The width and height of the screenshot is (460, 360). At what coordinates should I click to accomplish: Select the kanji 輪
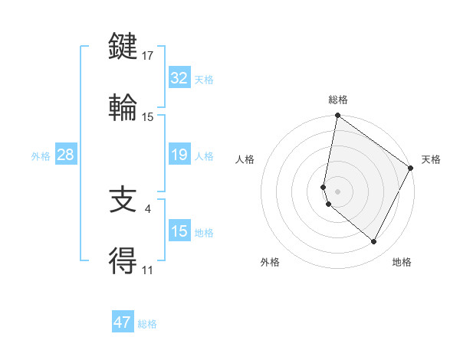point(123,106)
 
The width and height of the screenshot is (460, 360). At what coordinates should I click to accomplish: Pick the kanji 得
point(123,261)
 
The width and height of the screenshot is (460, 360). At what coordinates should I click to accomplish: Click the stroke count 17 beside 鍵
point(148,56)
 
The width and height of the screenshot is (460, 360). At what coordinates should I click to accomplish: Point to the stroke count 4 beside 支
point(147,208)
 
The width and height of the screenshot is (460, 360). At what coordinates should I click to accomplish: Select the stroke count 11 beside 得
point(147,270)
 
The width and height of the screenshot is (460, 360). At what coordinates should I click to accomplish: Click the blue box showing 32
point(179,78)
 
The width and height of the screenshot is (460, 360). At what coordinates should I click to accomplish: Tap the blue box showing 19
point(179,155)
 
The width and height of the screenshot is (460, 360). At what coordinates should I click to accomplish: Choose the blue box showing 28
point(65,155)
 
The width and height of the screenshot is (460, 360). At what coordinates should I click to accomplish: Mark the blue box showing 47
point(123,322)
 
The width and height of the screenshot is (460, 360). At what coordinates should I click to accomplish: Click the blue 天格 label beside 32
point(204,79)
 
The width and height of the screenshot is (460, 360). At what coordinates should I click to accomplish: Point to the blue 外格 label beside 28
point(41,156)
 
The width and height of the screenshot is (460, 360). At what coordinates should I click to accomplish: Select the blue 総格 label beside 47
point(147,324)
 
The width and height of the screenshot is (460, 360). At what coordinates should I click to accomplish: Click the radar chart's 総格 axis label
point(338,100)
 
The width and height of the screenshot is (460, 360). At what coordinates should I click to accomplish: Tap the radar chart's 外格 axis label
point(270,262)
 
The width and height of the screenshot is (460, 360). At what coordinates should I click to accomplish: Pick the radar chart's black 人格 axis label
point(245,159)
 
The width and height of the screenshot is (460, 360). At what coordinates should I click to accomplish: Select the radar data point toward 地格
point(374,242)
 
